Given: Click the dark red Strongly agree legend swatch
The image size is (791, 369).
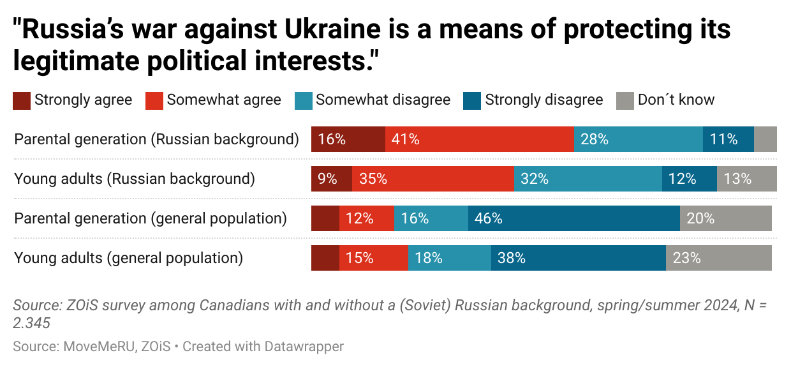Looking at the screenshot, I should pos(22,100).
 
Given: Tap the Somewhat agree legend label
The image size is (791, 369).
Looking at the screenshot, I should pos(224,100).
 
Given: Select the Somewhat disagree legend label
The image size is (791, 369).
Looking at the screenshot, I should pos(383,100).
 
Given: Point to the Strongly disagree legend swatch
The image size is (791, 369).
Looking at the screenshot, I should pos(473,100).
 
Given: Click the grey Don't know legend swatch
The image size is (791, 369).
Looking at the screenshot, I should pos(625,100).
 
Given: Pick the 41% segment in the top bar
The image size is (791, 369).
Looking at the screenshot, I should pos(479,139).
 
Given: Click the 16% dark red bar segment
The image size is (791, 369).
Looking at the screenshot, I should pos(348,139).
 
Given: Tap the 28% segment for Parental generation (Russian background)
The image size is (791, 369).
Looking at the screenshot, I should pos(638,139).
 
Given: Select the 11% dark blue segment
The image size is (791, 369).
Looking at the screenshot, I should pos(728,139).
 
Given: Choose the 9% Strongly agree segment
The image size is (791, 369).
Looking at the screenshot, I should pos(331,179).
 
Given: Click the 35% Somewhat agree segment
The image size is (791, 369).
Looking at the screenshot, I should pos(432,179).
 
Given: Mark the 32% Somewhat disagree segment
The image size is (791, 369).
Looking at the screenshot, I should pos(588,179).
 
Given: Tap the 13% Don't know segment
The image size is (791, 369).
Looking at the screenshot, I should pos(746,179).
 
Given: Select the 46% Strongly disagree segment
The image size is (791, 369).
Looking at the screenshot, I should pos(573,218).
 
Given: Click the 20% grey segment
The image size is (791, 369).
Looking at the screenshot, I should pos(725,218).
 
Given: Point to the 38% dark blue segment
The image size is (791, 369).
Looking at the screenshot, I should pos(578,258).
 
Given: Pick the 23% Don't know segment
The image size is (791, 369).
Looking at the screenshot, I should pos(718,258).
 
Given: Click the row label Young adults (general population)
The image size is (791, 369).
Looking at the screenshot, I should pos(129,258).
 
